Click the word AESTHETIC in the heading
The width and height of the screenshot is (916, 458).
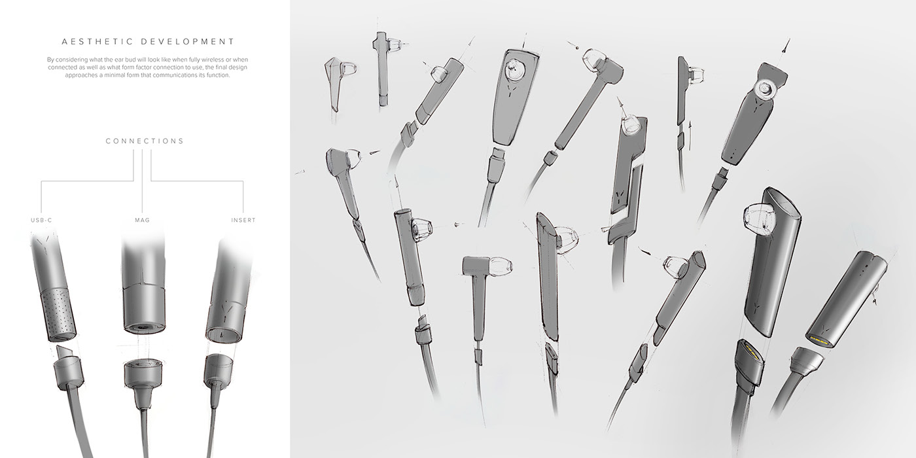tap(92, 41)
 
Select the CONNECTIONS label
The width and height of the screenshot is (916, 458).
tap(145, 141)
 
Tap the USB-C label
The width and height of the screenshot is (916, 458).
tap(41, 220)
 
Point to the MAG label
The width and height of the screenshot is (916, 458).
tap(142, 220)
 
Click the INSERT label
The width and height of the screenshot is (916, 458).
tap(243, 220)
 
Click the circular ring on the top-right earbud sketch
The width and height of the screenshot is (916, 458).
tap(764, 88)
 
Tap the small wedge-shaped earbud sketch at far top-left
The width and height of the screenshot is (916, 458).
tap(336, 80)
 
